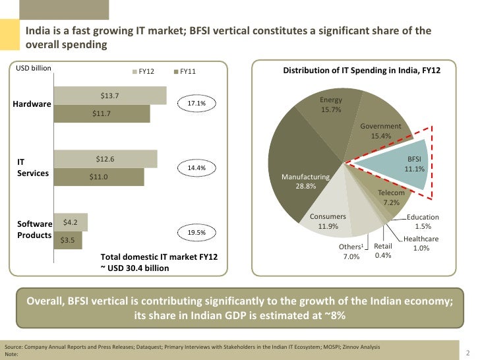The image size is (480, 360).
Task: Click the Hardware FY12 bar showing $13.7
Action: (109, 96)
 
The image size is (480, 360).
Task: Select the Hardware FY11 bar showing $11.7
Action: (102, 113)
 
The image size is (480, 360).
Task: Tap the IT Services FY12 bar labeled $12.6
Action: (105, 159)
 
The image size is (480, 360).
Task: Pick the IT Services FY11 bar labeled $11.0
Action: (99, 177)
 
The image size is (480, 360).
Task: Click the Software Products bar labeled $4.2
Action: (71, 222)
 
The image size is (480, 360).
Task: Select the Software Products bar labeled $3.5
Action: (67, 240)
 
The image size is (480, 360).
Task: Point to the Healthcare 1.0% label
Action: (421, 243)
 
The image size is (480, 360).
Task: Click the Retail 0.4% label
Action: (383, 251)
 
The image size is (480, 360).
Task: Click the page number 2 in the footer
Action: (467, 351)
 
